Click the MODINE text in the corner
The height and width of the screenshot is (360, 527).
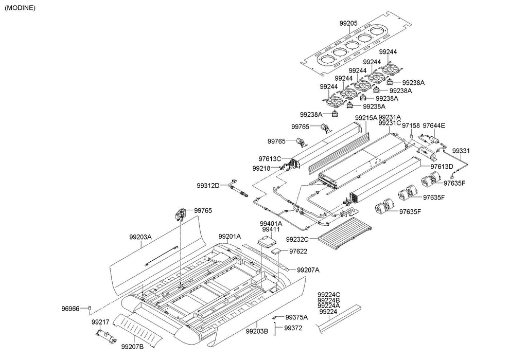(20, 8)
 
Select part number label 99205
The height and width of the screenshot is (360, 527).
(348, 24)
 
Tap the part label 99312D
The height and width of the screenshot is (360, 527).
(208, 185)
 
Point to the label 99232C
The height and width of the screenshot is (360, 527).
(297, 240)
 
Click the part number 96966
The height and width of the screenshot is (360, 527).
(70, 309)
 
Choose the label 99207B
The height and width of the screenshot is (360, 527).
(132, 347)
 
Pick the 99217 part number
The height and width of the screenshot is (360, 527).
(100, 322)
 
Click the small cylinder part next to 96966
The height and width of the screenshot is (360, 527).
(90, 308)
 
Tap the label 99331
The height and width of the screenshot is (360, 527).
(461, 151)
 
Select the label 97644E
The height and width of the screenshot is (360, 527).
(433, 125)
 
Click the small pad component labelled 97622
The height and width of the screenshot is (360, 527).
(276, 250)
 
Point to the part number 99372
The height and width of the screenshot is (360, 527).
(293, 328)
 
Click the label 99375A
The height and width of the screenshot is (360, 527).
(296, 317)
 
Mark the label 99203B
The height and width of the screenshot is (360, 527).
(257, 331)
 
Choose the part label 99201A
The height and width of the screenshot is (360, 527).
(230, 237)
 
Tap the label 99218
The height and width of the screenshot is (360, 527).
(261, 168)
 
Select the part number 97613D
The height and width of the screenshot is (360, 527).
(442, 167)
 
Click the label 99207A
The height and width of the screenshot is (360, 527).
(308, 269)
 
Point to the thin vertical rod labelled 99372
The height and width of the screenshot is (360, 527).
(274, 329)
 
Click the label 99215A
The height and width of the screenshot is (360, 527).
(366, 118)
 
